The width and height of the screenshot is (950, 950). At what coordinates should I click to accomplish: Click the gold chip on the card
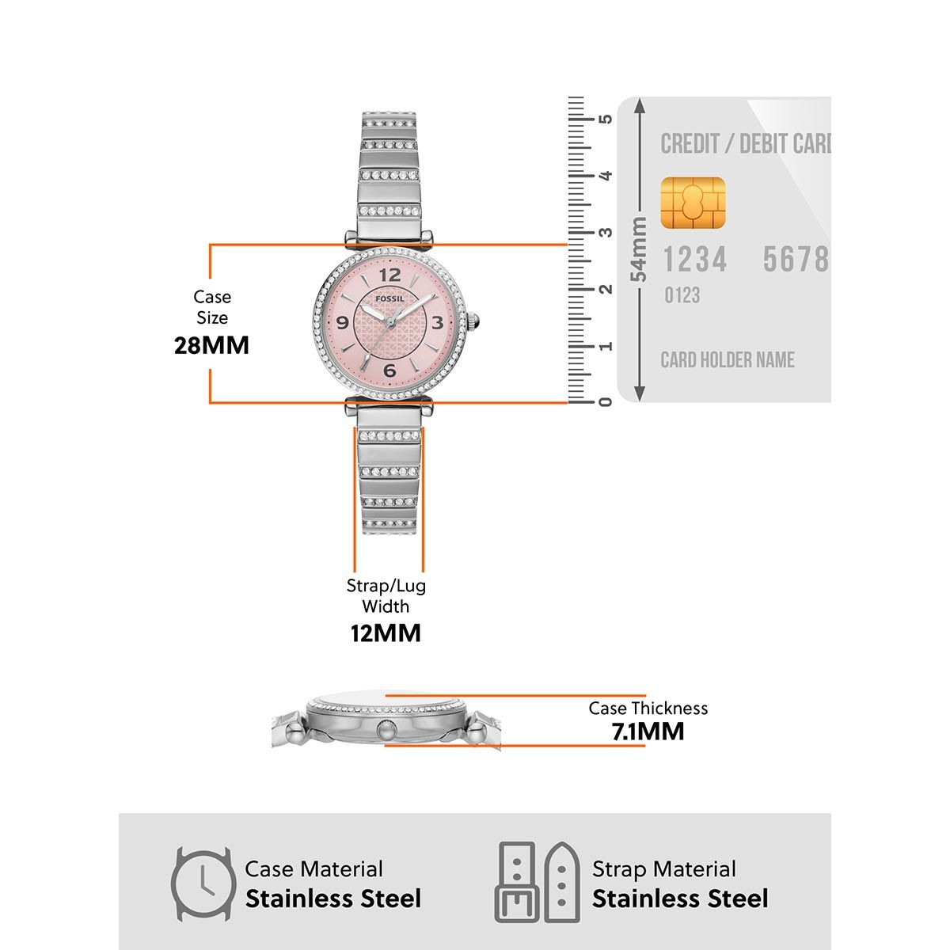(x=693, y=203)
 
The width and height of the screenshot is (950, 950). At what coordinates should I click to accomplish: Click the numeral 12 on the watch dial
(x=390, y=275)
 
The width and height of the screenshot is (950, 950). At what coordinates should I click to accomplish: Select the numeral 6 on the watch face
(x=389, y=370)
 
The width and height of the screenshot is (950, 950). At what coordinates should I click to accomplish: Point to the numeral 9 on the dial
(x=343, y=322)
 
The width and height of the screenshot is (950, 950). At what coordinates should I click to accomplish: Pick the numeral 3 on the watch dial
(x=437, y=322)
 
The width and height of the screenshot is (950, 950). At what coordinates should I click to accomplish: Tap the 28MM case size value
(x=211, y=345)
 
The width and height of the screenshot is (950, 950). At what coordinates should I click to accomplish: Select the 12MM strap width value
(x=386, y=633)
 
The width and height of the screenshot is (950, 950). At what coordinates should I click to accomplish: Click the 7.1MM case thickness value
(x=648, y=731)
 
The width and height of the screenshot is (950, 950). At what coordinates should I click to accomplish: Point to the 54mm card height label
(x=639, y=249)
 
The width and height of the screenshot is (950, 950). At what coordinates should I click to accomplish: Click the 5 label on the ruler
(x=606, y=119)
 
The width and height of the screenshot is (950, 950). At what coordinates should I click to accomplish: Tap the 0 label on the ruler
(x=606, y=401)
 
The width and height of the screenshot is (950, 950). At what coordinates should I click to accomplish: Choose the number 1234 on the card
(x=694, y=260)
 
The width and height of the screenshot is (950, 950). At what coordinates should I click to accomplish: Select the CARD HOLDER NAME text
(x=728, y=360)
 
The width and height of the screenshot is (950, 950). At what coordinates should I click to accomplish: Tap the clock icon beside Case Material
(x=203, y=884)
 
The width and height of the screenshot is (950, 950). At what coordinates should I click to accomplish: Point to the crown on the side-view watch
(x=386, y=730)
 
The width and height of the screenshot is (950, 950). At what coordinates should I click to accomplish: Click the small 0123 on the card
(x=682, y=296)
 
